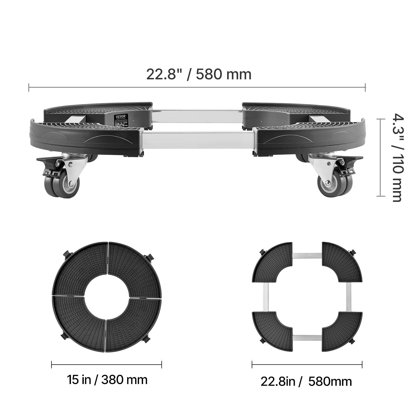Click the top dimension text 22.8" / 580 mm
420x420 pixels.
[x=199, y=74]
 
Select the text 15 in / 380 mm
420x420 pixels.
[x=107, y=380]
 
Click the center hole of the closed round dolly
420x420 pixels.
[x=107, y=297]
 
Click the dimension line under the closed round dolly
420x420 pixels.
[x=107, y=364]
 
